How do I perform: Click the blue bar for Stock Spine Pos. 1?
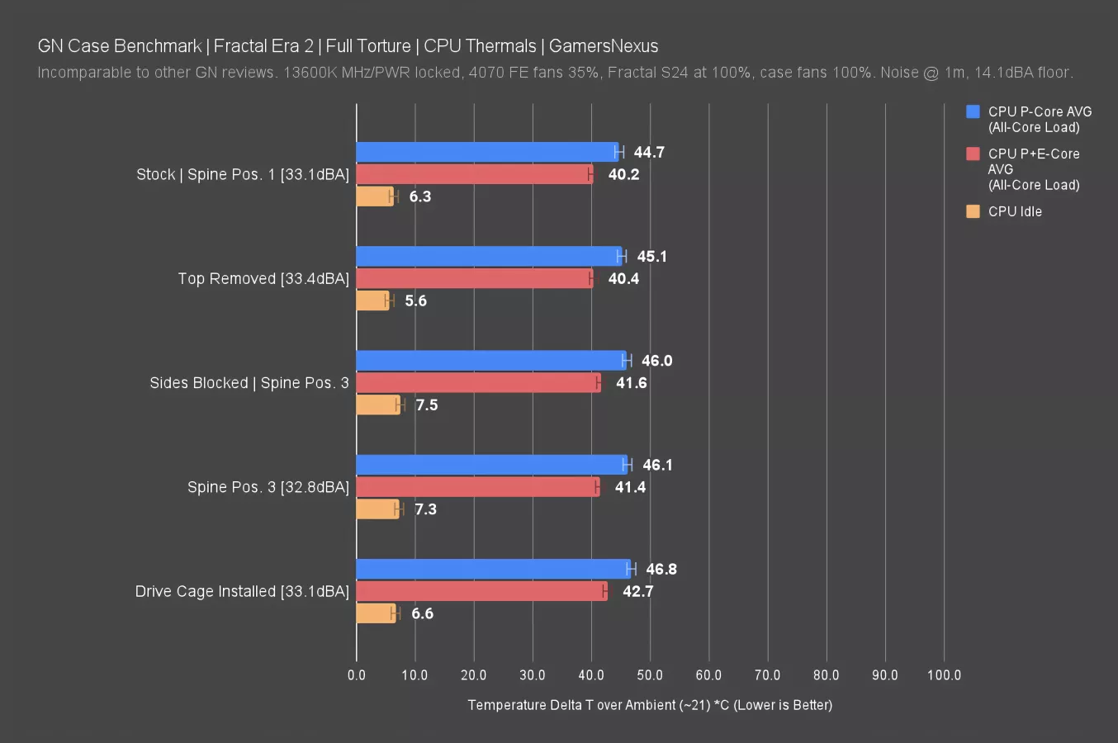(x=487, y=152)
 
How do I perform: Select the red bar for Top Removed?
(x=474, y=278)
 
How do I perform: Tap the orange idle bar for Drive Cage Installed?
(x=376, y=613)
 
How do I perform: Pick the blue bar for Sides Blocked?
(x=491, y=361)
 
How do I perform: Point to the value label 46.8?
(x=661, y=570)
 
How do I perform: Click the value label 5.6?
(x=415, y=301)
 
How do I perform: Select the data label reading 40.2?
(x=623, y=174)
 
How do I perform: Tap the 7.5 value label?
(x=426, y=405)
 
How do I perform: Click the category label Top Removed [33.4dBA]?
(x=263, y=278)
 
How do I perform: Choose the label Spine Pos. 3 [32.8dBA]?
(x=268, y=487)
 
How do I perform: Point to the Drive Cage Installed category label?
(x=242, y=591)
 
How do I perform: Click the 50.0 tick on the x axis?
(x=650, y=675)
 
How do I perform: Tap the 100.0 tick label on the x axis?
(x=944, y=675)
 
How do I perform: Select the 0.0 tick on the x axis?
(x=357, y=675)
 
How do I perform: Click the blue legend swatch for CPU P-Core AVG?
(x=973, y=111)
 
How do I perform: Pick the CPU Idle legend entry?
(x=1015, y=211)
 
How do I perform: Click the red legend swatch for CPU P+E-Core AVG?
(x=973, y=154)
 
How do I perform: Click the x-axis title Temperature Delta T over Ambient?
(x=650, y=705)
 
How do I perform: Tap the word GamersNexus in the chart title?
(x=604, y=46)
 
